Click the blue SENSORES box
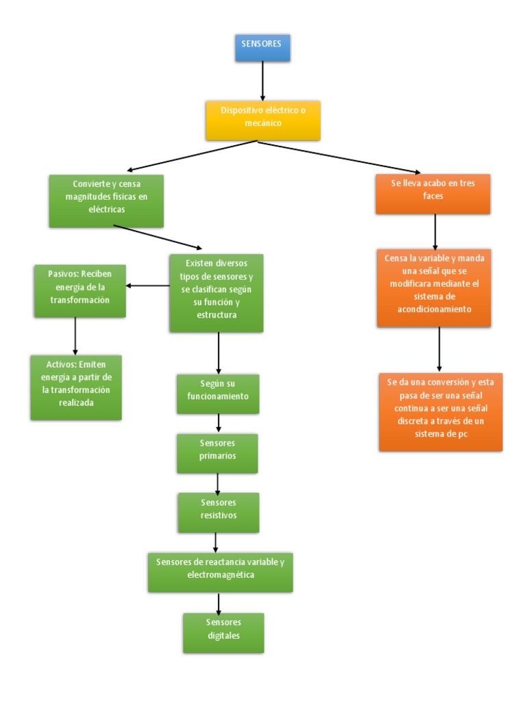coord(262,47)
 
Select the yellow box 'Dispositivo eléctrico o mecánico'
coord(262,120)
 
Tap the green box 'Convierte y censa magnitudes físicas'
coord(106,201)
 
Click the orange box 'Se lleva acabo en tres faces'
coord(434,194)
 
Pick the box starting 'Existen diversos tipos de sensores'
coord(216,293)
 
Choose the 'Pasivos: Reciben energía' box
coord(79,291)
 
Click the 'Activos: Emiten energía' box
coord(75,387)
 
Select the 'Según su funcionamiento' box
coord(218,394)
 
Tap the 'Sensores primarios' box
coord(217,453)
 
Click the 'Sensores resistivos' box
coord(218,512)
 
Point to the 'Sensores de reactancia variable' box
coord(220,572)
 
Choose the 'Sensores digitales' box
coord(223,633)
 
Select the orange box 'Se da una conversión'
coord(440,411)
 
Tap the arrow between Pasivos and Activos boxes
coord(75,335)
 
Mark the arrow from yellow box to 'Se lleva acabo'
coord(339,157)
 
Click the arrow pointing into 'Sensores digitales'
coord(219,602)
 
